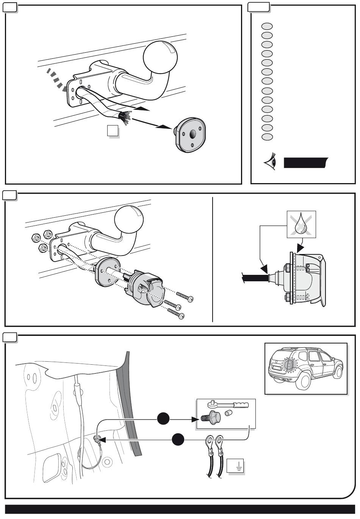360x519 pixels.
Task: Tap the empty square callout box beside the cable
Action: (x=112, y=131)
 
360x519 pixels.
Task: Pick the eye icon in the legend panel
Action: (x=270, y=163)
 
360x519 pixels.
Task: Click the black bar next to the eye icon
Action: (x=305, y=162)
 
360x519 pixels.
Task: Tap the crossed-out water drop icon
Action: (x=301, y=224)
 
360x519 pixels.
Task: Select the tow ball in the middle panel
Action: (x=129, y=221)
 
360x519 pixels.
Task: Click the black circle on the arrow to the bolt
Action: (x=163, y=419)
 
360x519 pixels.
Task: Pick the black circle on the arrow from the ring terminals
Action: (x=178, y=440)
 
